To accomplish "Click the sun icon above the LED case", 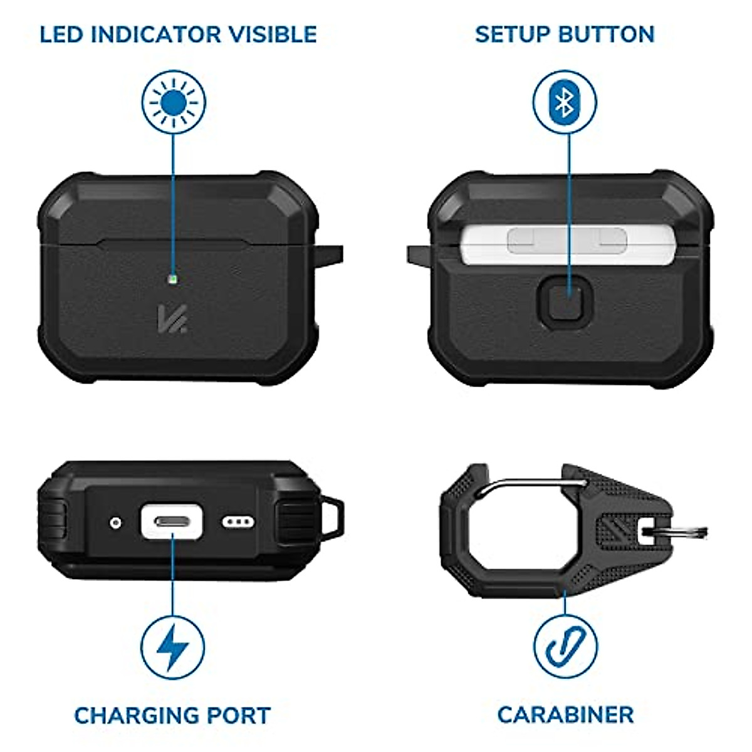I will [174, 102].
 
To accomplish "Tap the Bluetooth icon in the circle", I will [565, 102].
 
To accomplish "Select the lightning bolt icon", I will [172, 646].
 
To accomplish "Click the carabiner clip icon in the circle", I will [565, 646].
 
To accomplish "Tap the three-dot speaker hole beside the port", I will [238, 521].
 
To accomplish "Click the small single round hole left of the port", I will [115, 521].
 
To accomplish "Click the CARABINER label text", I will [565, 715].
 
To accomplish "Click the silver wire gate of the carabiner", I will [533, 483].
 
